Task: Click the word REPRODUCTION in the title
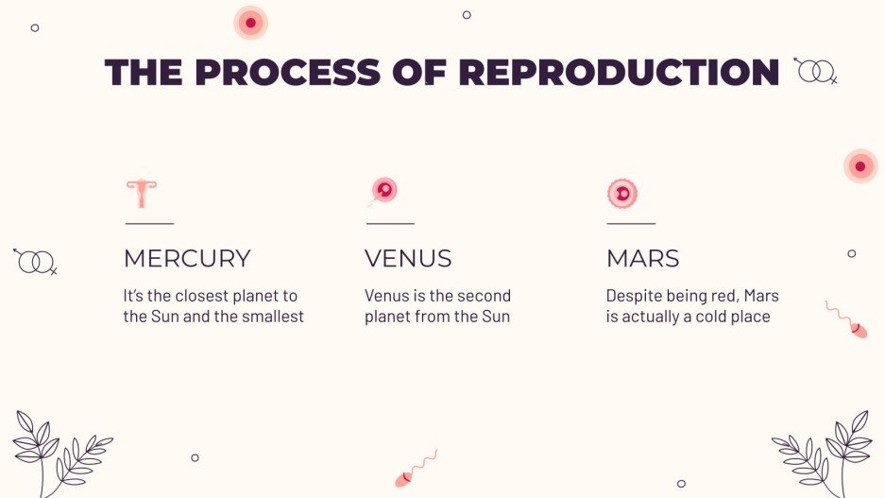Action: click(619, 73)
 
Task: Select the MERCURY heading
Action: click(187, 258)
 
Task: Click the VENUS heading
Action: click(408, 258)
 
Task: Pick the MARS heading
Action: click(642, 258)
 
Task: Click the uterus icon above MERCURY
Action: click(142, 193)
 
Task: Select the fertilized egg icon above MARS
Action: click(622, 193)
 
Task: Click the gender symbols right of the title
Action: click(815, 70)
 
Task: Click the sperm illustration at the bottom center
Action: click(416, 468)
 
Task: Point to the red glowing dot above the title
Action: click(250, 23)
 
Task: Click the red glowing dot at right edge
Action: click(859, 166)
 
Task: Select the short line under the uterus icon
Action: click(149, 224)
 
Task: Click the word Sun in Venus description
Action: click(495, 317)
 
